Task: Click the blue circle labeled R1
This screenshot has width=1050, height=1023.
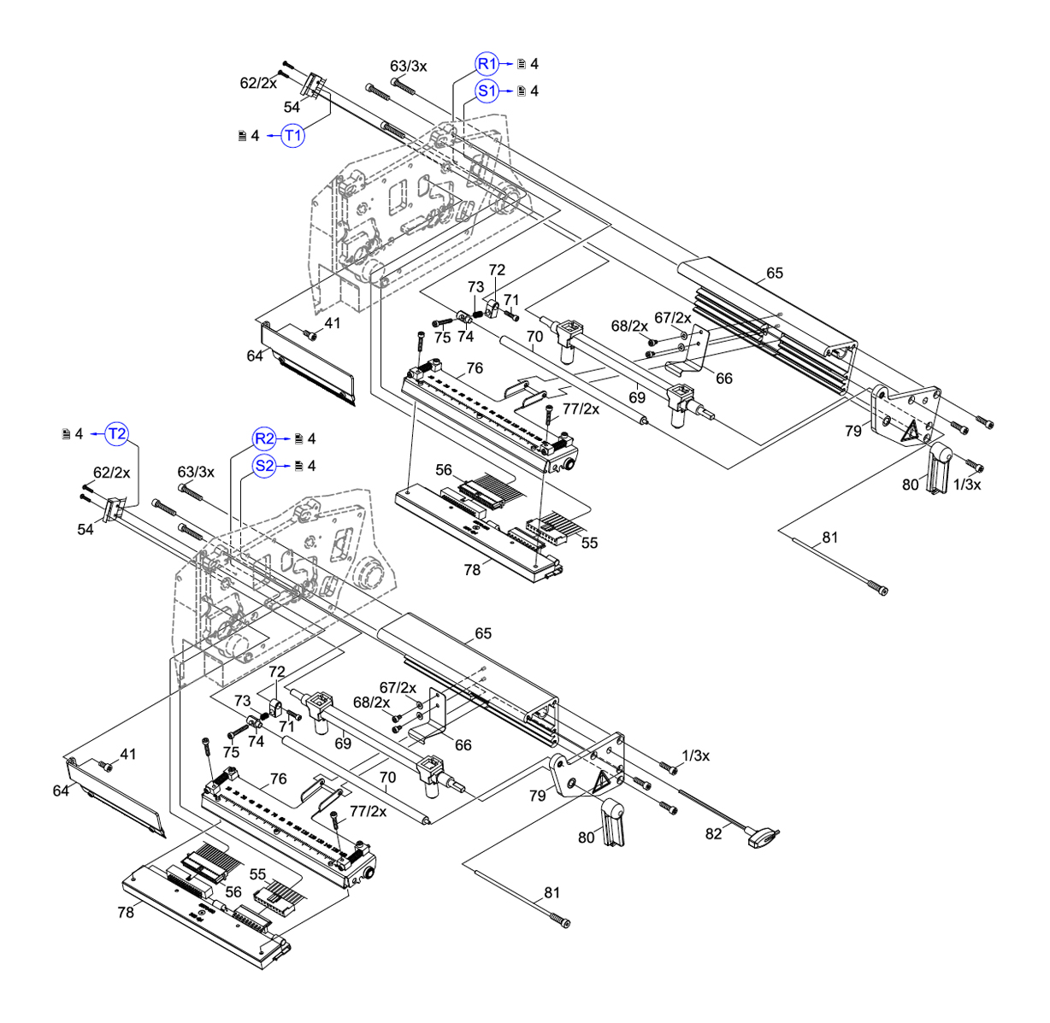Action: tap(487, 64)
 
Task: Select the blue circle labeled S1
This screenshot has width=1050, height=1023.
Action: tap(487, 91)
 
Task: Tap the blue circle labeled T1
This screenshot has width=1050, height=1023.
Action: tap(293, 135)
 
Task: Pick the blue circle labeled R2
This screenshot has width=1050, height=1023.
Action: tap(265, 438)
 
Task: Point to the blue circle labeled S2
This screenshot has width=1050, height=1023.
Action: tap(265, 466)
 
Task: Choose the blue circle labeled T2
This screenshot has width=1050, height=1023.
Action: tap(117, 434)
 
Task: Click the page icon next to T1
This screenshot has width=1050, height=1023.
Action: tap(242, 135)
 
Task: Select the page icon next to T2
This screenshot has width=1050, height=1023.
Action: tap(66, 434)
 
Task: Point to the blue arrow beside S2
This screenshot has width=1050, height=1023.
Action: tap(286, 466)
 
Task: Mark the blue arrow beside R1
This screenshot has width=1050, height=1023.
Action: tap(507, 64)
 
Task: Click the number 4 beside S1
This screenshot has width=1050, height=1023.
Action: tap(534, 91)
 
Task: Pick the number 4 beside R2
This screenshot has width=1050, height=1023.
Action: tap(312, 438)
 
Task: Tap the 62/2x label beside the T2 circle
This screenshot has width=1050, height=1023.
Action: tap(111, 472)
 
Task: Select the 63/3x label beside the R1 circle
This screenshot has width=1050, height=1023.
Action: tap(409, 66)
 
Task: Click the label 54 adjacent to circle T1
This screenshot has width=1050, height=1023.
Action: tap(292, 107)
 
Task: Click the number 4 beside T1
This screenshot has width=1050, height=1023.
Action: tap(255, 135)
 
